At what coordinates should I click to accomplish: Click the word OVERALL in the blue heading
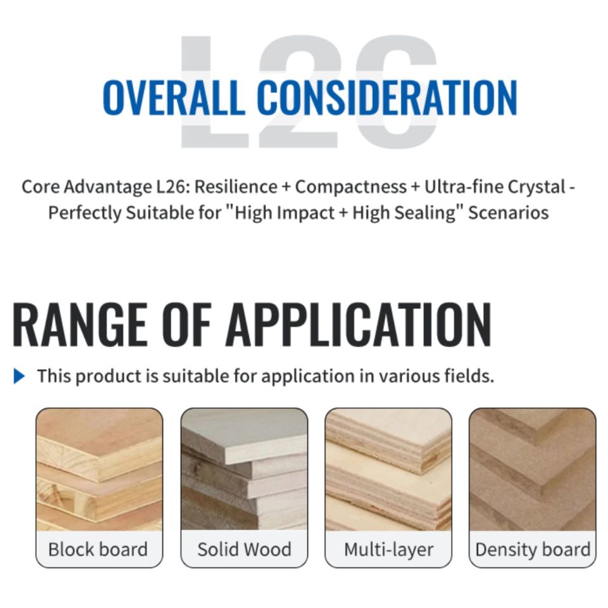(x=174, y=97)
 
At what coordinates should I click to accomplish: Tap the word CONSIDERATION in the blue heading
(x=386, y=97)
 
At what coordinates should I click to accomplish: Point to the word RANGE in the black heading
(x=80, y=324)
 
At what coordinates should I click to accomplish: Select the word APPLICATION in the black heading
(x=358, y=324)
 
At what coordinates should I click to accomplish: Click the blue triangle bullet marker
(x=19, y=376)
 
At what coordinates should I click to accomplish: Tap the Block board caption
(x=98, y=550)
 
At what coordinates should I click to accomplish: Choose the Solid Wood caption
(x=244, y=550)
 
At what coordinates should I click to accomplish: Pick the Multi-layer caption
(x=388, y=550)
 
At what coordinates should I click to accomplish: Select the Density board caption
(x=533, y=550)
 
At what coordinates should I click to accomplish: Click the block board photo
(x=99, y=469)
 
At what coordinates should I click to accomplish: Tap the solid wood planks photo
(x=244, y=469)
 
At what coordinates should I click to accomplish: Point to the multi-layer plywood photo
(x=388, y=469)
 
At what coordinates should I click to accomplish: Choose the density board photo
(x=533, y=469)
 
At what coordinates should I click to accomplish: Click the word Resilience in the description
(x=236, y=187)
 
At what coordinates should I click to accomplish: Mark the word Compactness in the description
(x=351, y=187)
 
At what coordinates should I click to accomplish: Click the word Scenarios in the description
(x=509, y=213)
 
